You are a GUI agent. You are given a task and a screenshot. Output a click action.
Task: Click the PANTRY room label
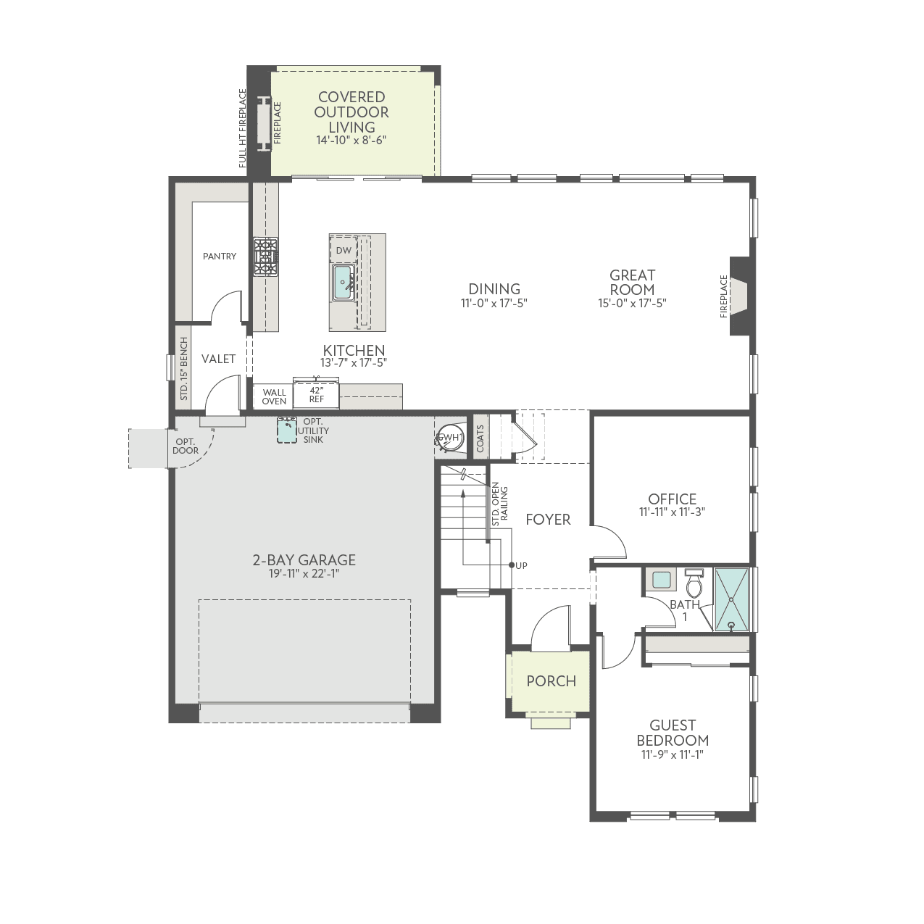click(219, 256)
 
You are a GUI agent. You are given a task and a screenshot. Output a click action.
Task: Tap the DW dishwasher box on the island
click(344, 251)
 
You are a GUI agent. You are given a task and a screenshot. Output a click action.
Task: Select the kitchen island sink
click(343, 283)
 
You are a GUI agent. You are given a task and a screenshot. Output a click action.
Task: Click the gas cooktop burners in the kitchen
click(265, 257)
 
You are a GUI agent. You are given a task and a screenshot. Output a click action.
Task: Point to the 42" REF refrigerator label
click(317, 394)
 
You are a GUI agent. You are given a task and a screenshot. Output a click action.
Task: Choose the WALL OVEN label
click(274, 396)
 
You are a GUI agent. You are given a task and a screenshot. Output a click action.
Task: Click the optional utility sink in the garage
click(287, 430)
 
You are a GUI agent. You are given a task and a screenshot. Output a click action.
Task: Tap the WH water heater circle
click(450, 437)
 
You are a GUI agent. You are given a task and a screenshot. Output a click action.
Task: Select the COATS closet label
click(480, 438)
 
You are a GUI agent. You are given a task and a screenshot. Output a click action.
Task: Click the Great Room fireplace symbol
click(739, 296)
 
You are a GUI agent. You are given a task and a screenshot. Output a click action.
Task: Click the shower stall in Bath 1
click(732, 599)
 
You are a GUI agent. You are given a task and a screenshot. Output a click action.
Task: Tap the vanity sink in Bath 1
click(661, 580)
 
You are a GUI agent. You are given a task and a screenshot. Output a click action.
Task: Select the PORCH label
click(551, 681)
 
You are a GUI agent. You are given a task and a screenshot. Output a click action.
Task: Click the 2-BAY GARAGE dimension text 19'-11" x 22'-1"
click(304, 574)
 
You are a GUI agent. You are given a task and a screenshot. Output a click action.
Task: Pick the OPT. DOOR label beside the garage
click(186, 446)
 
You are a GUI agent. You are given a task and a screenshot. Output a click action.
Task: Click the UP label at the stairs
click(522, 565)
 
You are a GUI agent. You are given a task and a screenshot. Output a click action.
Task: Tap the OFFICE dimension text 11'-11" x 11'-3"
click(672, 512)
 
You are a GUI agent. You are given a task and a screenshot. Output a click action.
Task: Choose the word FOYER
click(548, 520)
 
